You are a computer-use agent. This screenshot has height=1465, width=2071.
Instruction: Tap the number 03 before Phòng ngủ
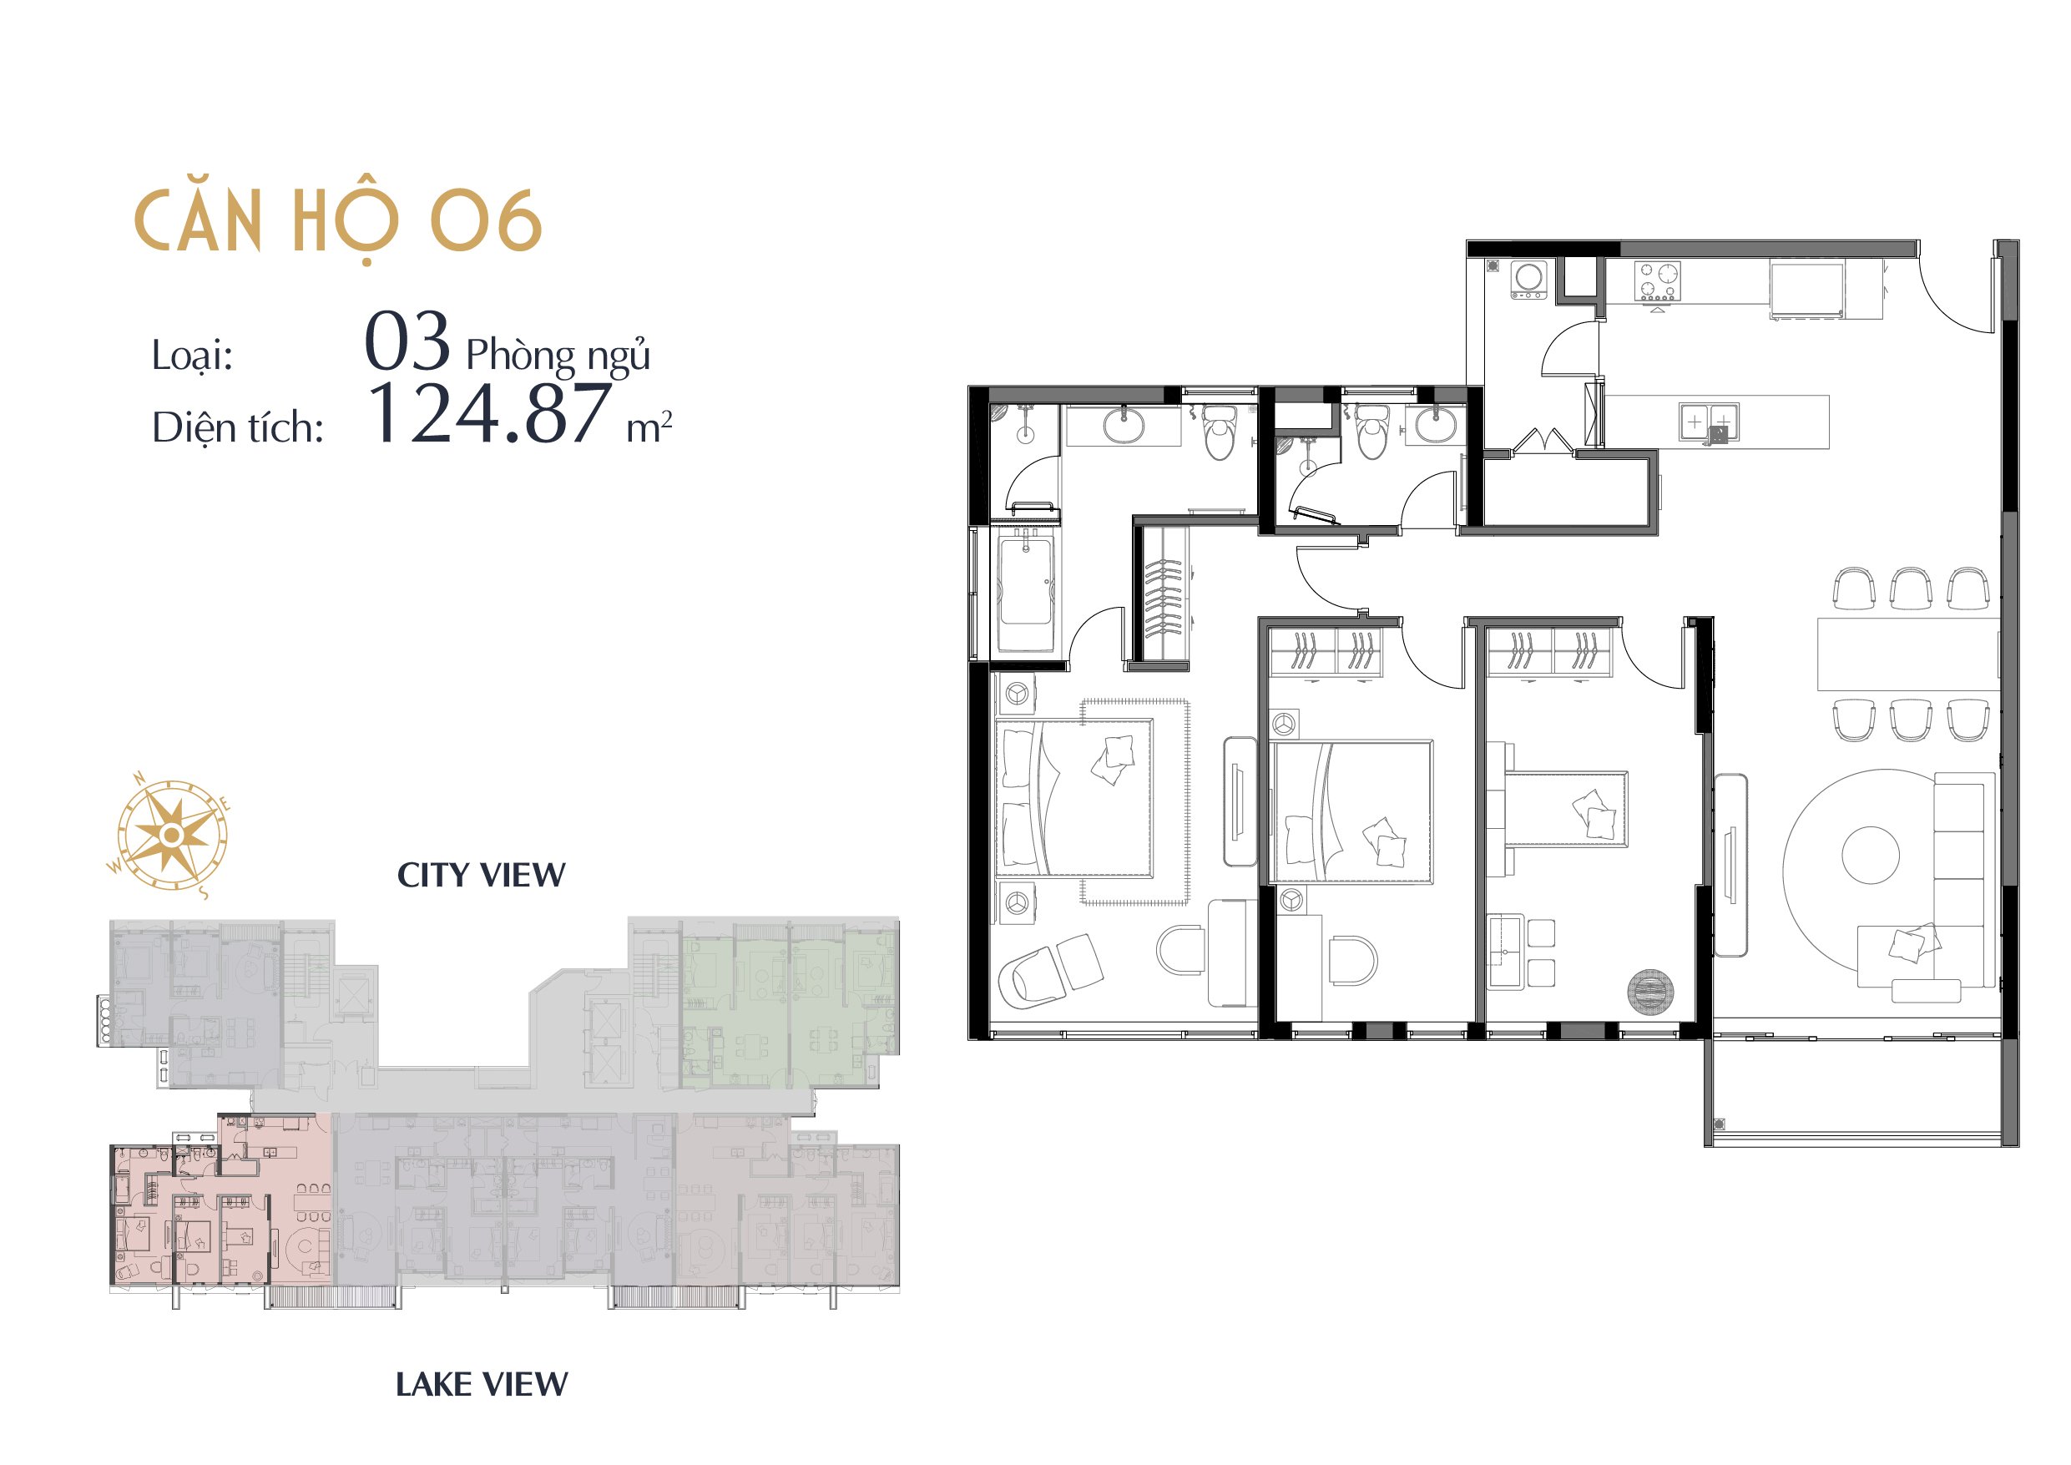[407, 341]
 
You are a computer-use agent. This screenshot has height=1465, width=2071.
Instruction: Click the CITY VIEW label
[481, 874]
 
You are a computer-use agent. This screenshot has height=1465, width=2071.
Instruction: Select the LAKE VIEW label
[482, 1384]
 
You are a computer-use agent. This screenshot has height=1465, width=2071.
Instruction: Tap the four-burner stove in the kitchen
[1659, 281]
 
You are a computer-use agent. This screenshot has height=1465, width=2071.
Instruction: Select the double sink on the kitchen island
[1710, 422]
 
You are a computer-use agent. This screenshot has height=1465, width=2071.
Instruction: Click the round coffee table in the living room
[1870, 855]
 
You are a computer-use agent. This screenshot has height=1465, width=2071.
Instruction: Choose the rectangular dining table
[1907, 653]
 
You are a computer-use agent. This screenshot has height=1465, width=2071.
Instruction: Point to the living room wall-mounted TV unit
[1730, 865]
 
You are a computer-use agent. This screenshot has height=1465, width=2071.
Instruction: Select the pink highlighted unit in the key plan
[221, 1209]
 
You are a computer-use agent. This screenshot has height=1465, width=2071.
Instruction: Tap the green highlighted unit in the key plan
[787, 1010]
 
